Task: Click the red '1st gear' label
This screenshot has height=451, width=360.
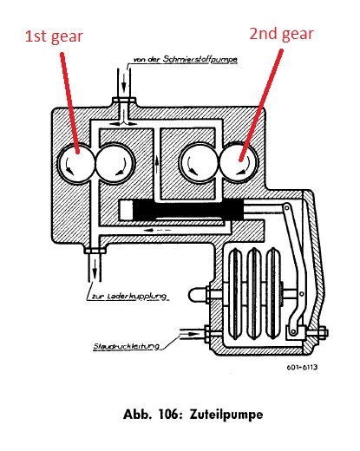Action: [x=54, y=36]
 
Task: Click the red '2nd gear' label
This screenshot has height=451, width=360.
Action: [x=281, y=34]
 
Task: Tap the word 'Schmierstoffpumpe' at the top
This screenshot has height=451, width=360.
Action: [x=200, y=59]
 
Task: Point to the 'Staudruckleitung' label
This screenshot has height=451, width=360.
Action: [x=127, y=346]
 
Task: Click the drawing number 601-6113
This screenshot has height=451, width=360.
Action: [x=302, y=367]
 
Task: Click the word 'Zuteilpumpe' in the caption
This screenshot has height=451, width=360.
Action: [x=226, y=415]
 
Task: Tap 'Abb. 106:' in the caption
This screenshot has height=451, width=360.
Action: [x=153, y=414]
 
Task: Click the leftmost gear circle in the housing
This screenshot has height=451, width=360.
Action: [x=76, y=163]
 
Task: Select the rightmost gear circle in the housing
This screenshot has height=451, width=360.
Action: [x=239, y=163]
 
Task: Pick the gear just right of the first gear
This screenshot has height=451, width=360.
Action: [x=115, y=163]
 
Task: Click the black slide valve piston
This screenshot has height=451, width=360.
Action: [x=188, y=210]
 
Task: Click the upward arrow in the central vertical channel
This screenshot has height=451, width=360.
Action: [x=157, y=164]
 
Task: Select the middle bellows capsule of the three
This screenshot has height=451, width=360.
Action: [x=254, y=293]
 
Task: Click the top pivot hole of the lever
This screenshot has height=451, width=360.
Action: [x=287, y=207]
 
